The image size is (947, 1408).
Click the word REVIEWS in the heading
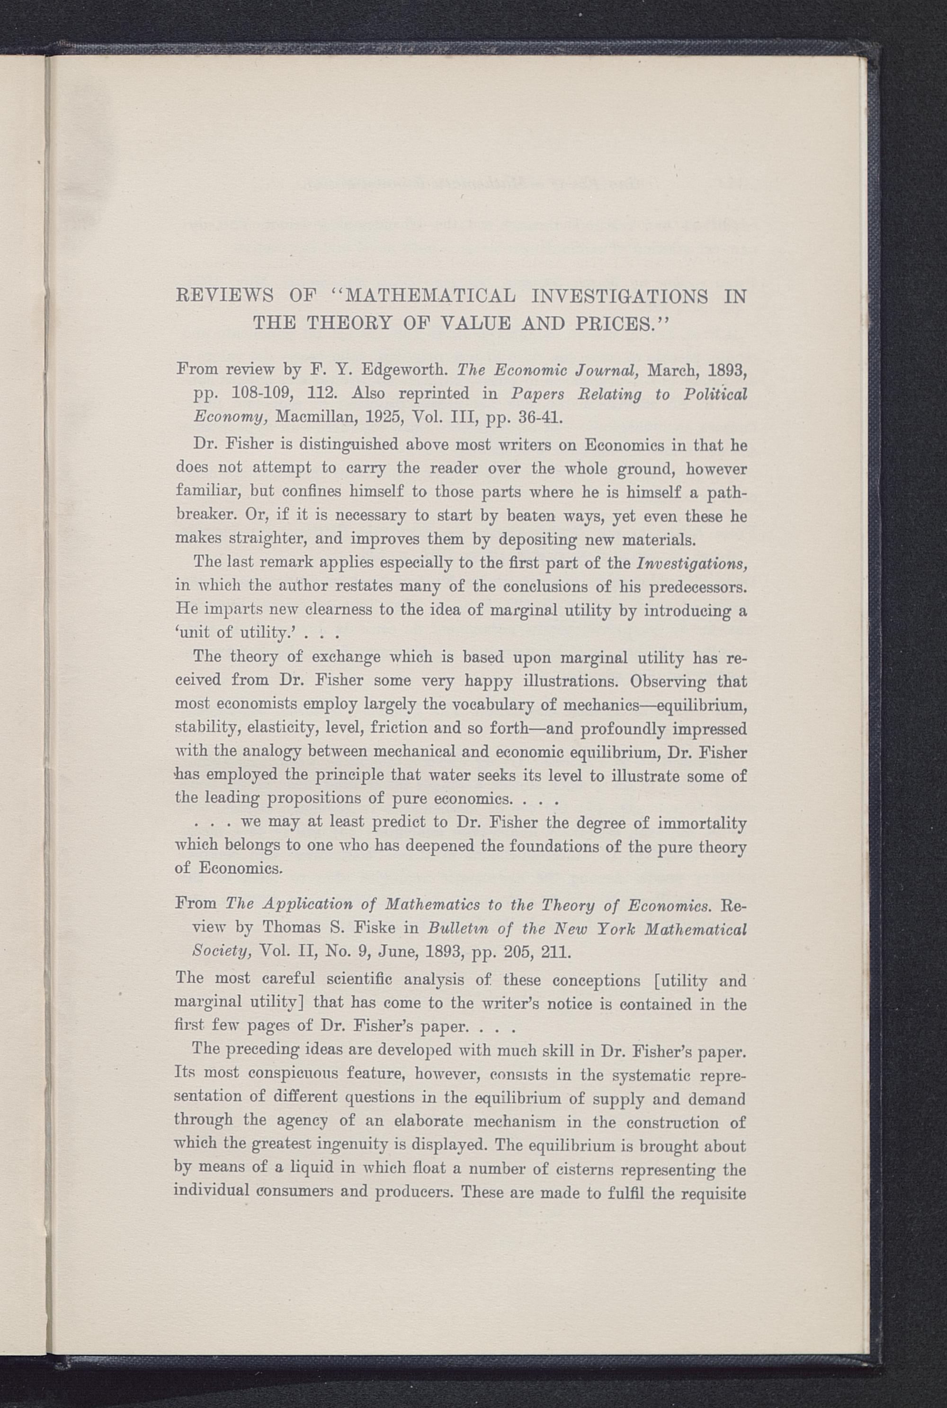(x=223, y=297)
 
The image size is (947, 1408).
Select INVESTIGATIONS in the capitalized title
(x=620, y=297)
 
